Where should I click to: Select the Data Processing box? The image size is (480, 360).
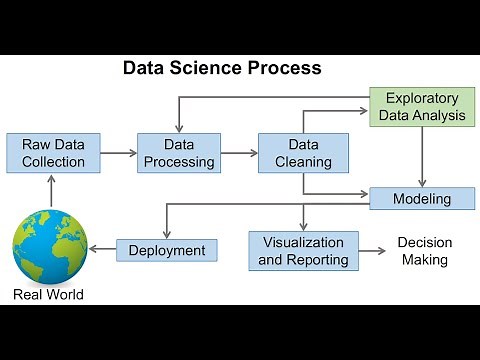pyautogui.click(x=177, y=153)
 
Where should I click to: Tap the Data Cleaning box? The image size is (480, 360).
pyautogui.click(x=302, y=153)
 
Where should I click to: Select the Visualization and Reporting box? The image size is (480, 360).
pyautogui.click(x=304, y=251)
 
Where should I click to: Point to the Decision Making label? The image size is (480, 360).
pyautogui.click(x=424, y=251)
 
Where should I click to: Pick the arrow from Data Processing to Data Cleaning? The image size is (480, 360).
pyautogui.click(x=238, y=153)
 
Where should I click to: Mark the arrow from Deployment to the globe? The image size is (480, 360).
pyautogui.click(x=101, y=250)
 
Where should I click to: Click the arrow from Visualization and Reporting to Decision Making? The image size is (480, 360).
pyautogui.click(x=372, y=251)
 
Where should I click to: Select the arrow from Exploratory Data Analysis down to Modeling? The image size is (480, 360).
pyautogui.click(x=424, y=155)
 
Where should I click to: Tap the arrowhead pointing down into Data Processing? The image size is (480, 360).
pyautogui.click(x=178, y=128)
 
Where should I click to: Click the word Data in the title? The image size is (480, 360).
pyautogui.click(x=144, y=69)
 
